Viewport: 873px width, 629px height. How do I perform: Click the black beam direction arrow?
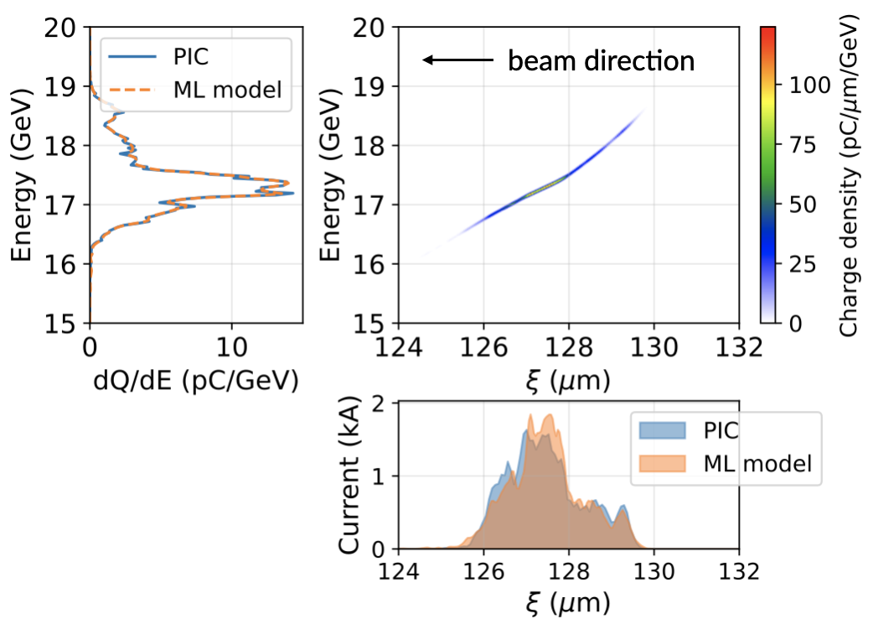[457, 60]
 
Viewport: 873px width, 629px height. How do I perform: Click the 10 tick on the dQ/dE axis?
[232, 345]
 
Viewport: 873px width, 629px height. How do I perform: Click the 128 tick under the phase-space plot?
[569, 345]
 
